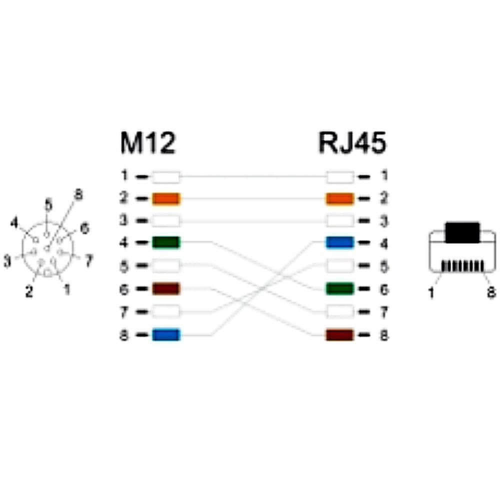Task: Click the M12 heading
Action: point(148,143)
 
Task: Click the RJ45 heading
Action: point(352,143)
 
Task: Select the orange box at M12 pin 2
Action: point(166,198)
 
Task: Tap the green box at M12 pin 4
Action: point(166,242)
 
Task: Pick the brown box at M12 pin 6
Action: point(166,288)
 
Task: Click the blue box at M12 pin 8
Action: point(166,335)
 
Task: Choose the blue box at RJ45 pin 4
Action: point(340,242)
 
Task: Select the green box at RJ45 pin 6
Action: point(340,288)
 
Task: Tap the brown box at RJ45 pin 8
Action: point(340,335)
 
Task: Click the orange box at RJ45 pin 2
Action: point(340,198)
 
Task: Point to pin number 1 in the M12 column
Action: point(124,175)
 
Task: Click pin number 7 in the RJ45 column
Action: point(384,312)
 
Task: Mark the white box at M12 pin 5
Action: point(166,265)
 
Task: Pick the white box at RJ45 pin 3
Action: point(340,220)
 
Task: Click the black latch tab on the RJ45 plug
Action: point(462,232)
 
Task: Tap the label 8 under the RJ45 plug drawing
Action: point(491,292)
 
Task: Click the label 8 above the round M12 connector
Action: point(78,194)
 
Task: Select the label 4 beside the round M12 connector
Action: point(14,223)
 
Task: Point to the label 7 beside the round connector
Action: point(89,260)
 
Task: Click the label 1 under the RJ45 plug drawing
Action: point(431,292)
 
